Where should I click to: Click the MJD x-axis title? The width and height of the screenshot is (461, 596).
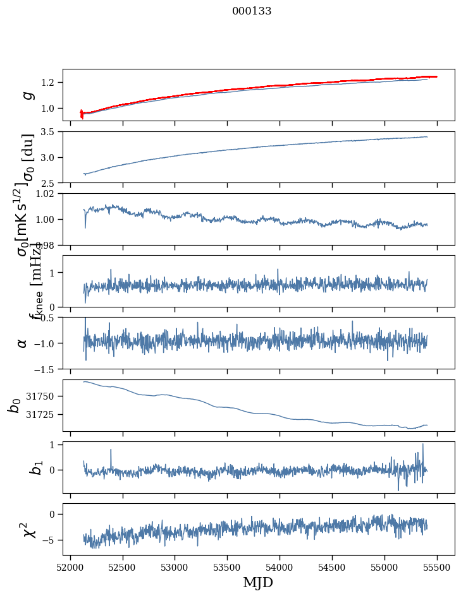click(x=258, y=582)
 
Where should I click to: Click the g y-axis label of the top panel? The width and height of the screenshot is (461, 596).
click(x=27, y=95)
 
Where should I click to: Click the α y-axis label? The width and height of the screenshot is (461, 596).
click(x=23, y=343)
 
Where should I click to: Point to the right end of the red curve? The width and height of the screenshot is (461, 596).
click(x=436, y=76)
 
